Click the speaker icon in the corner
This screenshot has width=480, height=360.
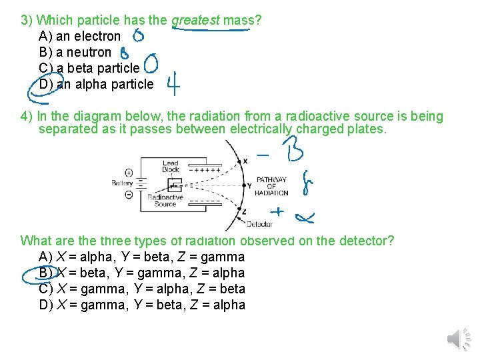tap(457, 339)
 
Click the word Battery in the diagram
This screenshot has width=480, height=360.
tap(122, 183)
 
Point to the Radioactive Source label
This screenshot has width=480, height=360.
tap(165, 201)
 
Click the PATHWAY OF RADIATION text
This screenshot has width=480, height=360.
tap(271, 186)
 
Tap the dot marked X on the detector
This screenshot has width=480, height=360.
tap(239, 160)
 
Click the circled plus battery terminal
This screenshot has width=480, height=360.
tap(129, 173)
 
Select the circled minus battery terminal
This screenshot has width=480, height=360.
tap(129, 194)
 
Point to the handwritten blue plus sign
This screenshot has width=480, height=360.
tap(275, 212)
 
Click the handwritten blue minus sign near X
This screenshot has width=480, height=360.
tap(263, 155)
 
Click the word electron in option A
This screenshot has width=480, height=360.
tap(98, 36)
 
